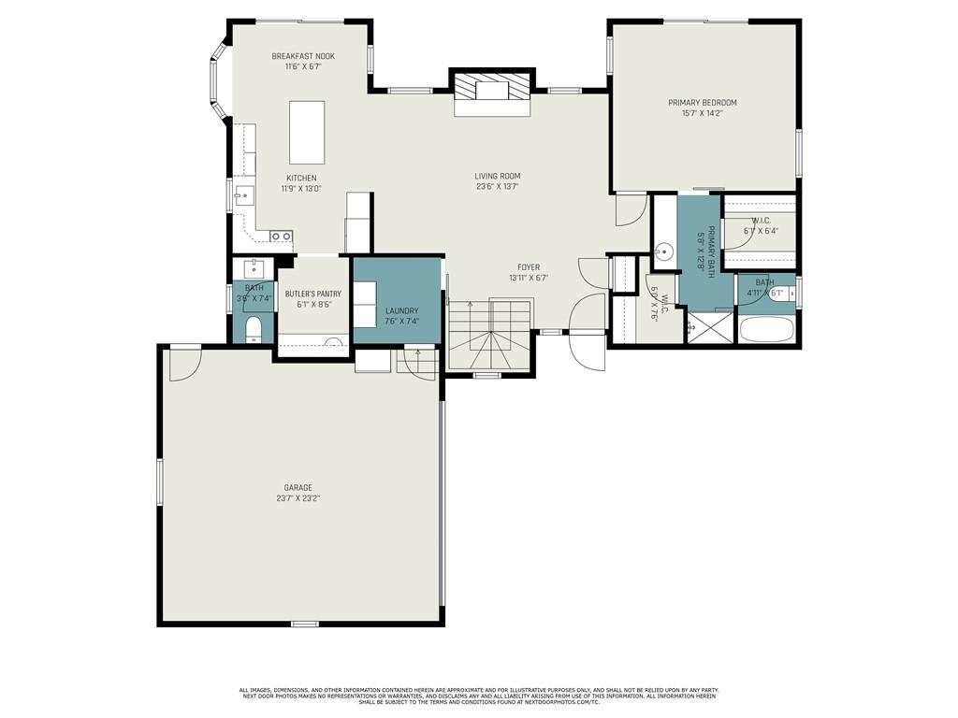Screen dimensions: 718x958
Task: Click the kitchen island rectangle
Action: pos(307,133)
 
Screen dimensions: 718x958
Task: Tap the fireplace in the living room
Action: pos(492,93)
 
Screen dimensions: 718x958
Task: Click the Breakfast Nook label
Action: pos(303,56)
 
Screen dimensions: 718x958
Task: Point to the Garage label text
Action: pos(298,487)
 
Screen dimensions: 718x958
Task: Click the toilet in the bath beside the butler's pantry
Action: pos(253,330)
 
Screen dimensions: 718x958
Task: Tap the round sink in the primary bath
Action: pos(664,251)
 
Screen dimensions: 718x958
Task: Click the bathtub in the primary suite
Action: pos(766,330)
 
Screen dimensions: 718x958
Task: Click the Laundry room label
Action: pos(401,310)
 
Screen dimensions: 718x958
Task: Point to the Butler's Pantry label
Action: pos(313,294)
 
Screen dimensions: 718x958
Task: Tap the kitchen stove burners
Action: pos(281,236)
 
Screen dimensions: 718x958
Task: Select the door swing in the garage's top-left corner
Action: pos(183,364)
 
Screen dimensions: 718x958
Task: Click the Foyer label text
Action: pos(529,267)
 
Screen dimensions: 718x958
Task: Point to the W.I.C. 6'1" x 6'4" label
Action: pos(761,225)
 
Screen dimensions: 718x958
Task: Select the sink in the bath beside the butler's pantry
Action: pos(253,269)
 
